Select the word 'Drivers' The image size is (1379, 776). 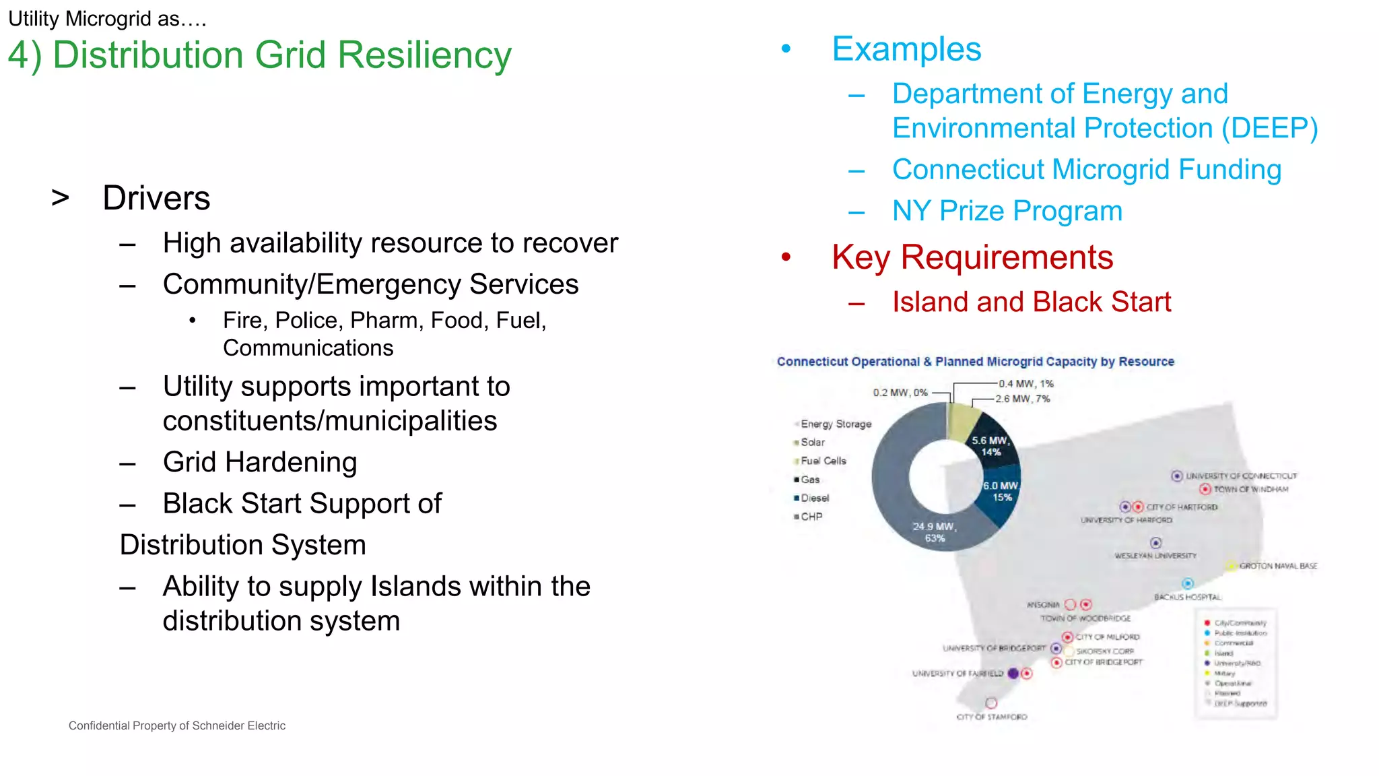click(x=156, y=198)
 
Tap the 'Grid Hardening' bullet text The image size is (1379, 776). click(x=260, y=462)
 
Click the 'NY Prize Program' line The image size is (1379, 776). click(x=1007, y=211)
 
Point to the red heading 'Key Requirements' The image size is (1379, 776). click(x=972, y=257)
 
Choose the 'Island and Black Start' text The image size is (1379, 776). click(x=1031, y=302)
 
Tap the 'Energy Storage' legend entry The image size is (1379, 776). click(x=835, y=424)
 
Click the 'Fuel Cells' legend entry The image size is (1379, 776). click(x=823, y=461)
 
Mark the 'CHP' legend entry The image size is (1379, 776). click(x=811, y=517)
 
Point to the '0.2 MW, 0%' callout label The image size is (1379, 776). click(x=900, y=392)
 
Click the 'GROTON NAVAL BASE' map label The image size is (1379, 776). click(x=1277, y=566)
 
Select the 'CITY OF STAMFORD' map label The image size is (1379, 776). click(x=991, y=717)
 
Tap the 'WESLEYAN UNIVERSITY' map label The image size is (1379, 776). click(x=1155, y=556)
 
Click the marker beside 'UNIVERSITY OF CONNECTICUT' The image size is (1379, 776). click(x=1176, y=476)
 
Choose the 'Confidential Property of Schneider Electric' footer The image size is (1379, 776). click(x=176, y=725)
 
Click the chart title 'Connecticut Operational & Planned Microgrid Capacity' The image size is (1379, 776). click(x=974, y=362)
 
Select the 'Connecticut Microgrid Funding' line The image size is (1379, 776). click(x=1086, y=170)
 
